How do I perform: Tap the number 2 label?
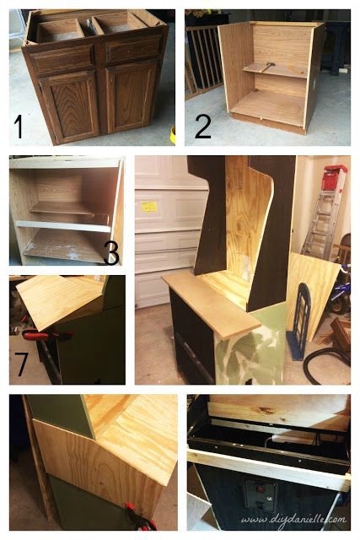(202, 126)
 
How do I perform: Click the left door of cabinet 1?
(68, 105)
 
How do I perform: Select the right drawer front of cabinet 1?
(133, 51)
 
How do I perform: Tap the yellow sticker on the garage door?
(149, 206)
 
